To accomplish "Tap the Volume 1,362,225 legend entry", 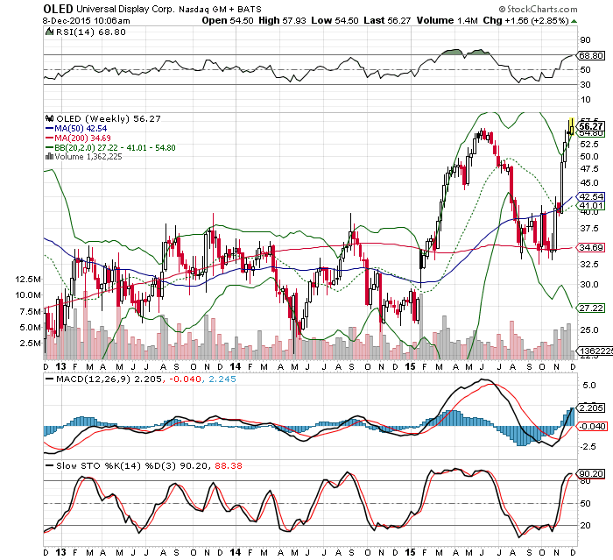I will (x=97, y=157).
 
